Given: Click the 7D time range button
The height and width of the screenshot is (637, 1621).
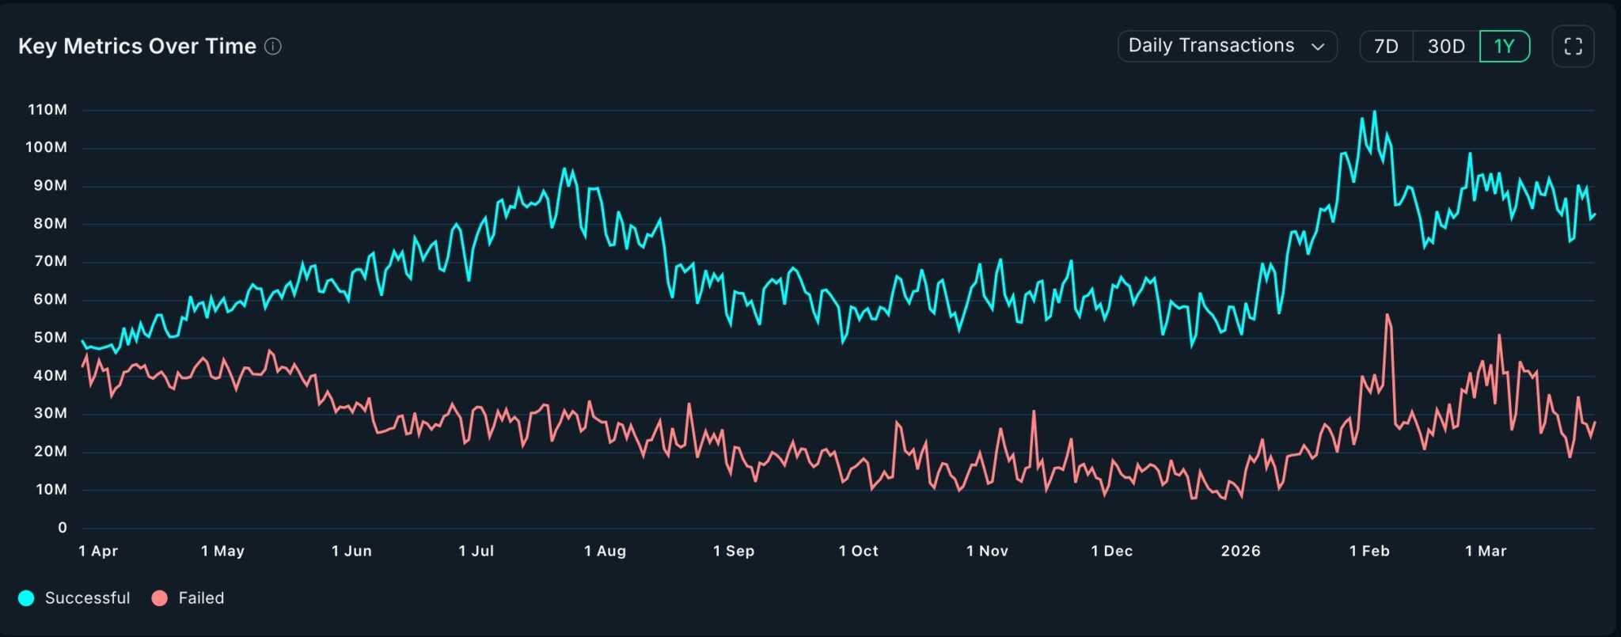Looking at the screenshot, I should point(1386,47).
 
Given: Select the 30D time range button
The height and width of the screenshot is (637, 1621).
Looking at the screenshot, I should point(1446,47).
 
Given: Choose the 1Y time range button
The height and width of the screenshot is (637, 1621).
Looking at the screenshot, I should point(1504,47).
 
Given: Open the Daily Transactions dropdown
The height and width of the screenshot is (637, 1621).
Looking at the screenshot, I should point(1226,46).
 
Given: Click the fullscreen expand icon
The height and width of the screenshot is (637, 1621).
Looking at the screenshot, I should point(1573,47).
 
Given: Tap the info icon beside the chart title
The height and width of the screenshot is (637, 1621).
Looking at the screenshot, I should point(273,47).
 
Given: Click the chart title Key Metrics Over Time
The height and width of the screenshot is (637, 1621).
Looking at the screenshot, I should point(137,47).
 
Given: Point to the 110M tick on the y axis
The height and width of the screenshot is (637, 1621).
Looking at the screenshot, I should point(47,110).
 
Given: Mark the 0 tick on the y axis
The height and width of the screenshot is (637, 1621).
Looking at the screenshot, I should point(63,528).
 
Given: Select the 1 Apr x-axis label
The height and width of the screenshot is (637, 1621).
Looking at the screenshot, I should point(98,552).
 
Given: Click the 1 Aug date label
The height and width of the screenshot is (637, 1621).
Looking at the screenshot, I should point(605,552).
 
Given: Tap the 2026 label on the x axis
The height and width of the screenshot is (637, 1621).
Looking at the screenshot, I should point(1240,552).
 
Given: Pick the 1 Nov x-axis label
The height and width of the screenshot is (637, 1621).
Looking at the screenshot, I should point(987,552).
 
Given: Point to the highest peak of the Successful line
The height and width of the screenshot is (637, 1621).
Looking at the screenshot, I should point(1374,112).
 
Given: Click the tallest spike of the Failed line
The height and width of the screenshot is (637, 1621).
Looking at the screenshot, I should point(1387,315).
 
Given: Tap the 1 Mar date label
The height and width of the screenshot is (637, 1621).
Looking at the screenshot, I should point(1486,552).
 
